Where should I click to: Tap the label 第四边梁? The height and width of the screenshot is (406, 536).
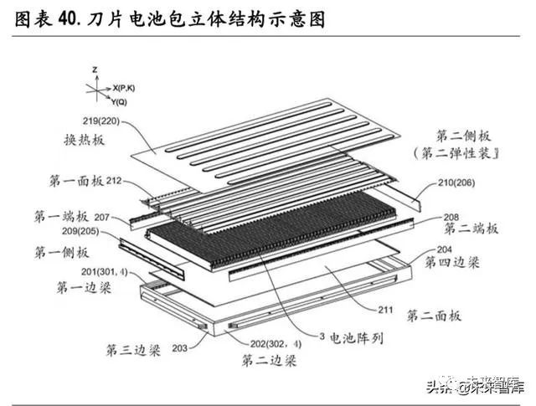[x=451, y=263]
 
